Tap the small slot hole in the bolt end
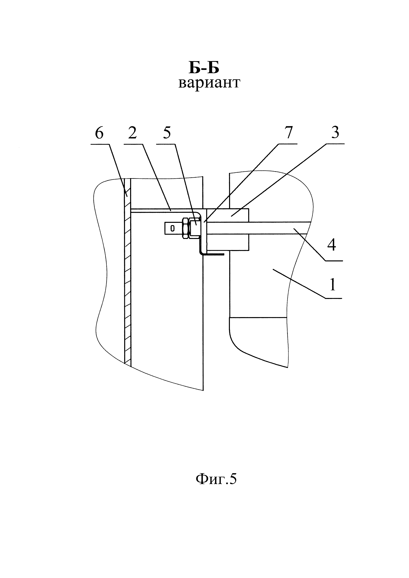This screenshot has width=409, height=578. coord(173,228)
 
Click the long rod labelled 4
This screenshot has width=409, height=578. coord(277,228)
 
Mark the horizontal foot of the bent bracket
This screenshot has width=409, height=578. coord(214,254)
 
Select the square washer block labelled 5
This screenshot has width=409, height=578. coord(194,228)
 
